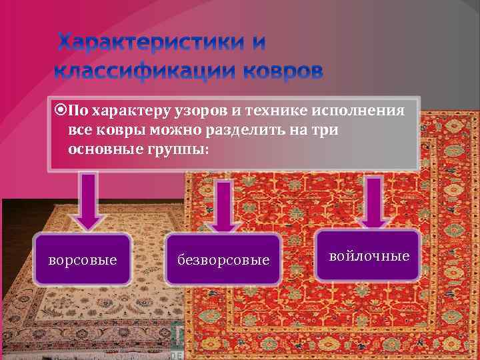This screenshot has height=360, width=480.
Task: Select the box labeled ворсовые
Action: (83, 259)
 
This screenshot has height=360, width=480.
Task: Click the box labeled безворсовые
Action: (223, 259)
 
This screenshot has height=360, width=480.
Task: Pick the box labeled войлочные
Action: (369, 255)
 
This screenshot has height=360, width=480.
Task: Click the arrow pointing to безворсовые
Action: (224, 206)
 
